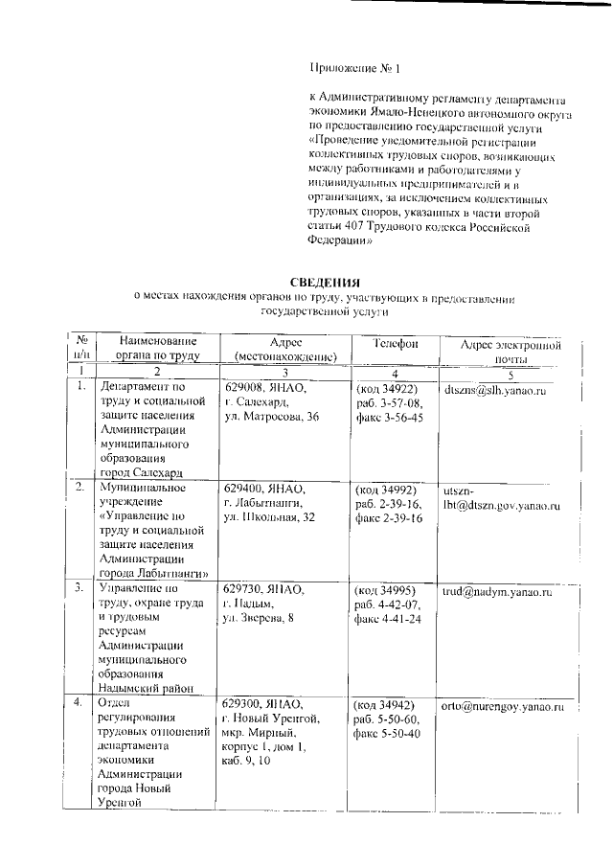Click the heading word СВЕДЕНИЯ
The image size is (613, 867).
tap(324, 282)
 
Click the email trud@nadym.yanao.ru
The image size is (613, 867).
tap(496, 593)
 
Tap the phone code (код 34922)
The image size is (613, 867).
tap(386, 390)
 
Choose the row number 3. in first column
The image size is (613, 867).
tap(81, 587)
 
